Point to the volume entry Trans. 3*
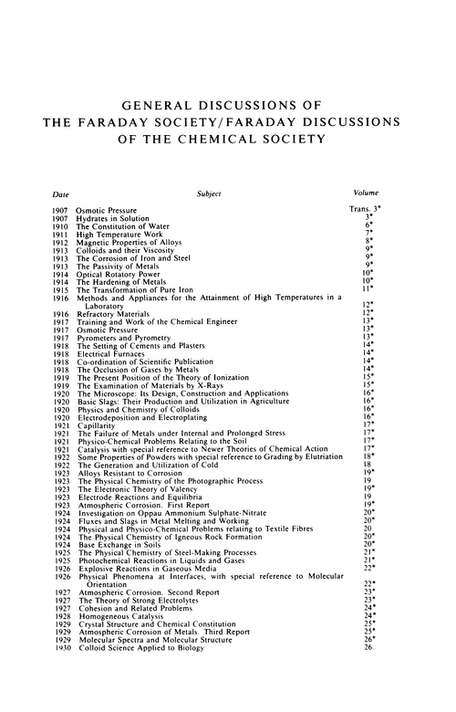tap(368, 210)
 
